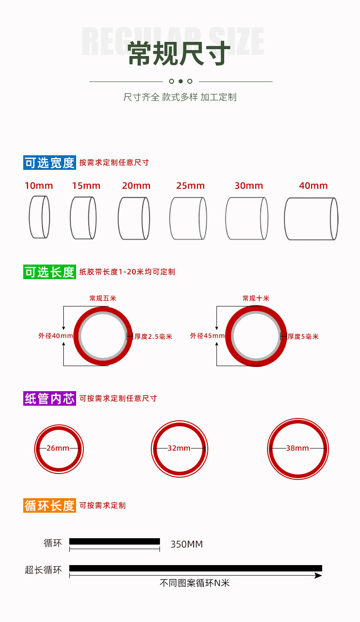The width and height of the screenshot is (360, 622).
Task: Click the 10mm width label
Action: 39,186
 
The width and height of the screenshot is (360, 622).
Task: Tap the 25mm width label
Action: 190,186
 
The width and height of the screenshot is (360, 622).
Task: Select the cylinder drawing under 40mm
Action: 311,219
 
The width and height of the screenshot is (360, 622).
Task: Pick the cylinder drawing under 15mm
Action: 83,218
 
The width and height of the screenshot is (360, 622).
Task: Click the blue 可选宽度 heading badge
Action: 50,163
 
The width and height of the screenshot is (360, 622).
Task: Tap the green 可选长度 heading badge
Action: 50,272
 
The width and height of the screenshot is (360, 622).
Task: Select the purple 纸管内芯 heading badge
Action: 50,399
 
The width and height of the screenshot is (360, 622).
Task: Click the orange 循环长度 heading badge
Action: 50,505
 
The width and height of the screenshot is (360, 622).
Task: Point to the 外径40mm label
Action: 55,336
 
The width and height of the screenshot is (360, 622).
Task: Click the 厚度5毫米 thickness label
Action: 303,336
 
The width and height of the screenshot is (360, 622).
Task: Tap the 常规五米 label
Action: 103,298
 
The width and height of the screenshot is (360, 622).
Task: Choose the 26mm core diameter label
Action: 58,448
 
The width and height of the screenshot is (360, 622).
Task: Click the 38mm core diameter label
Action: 298,448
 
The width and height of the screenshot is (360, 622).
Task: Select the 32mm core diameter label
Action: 179,448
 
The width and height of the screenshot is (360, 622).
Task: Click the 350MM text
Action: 186,544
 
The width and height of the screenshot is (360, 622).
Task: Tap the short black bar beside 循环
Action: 114,541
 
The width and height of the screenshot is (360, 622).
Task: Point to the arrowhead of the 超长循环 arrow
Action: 319,576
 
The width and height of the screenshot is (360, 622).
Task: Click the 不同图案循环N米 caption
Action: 195,583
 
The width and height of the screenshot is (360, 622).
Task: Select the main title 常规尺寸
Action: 179,53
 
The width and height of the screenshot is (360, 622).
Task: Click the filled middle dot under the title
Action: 180,82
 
